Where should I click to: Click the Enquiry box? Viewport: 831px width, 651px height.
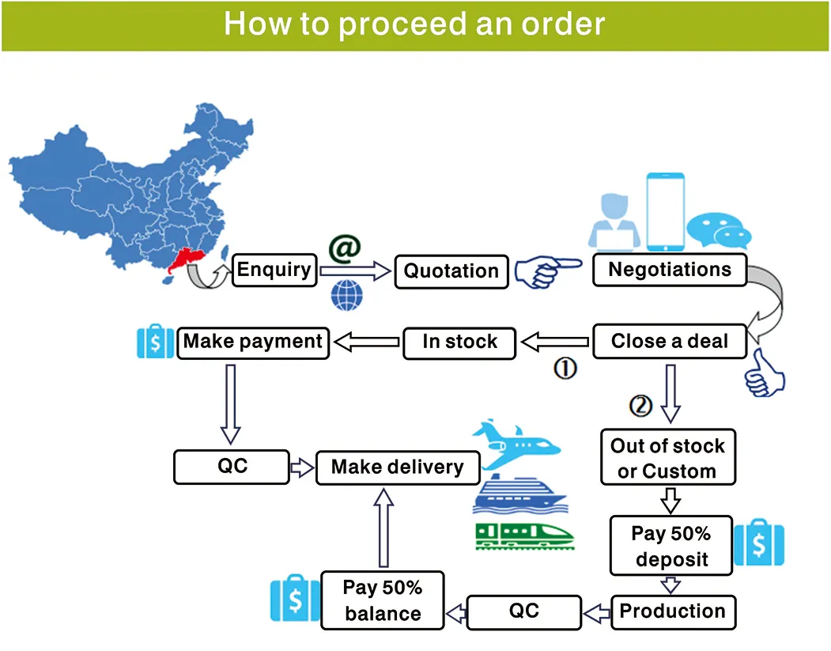coord(274,270)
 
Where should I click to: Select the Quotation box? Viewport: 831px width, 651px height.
coord(451,271)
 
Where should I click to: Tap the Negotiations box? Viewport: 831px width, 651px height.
coord(670,270)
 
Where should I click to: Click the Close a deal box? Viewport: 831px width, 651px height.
coord(670,342)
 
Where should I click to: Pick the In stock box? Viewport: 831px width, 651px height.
coord(459,343)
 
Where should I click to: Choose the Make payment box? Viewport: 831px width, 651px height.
coord(253,342)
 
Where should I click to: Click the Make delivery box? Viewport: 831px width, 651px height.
coord(397,467)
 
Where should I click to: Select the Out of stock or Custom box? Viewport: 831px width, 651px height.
coord(667,459)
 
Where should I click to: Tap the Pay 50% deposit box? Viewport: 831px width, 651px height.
coord(670,547)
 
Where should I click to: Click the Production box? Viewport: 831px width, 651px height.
coord(672,611)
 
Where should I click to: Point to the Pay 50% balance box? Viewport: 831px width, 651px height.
coord(382,600)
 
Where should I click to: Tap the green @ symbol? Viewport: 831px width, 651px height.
coord(344,248)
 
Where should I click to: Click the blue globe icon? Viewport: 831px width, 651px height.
coord(346,295)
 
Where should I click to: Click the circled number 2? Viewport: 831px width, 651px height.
coord(640,405)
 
